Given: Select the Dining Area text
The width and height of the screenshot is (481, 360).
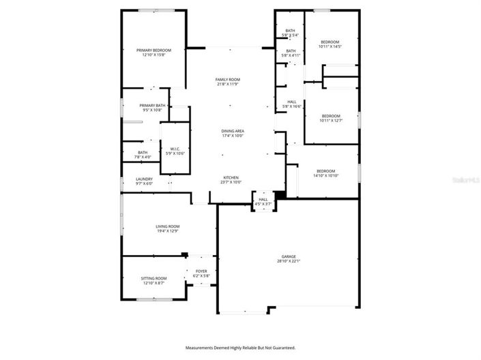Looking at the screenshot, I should [233, 132].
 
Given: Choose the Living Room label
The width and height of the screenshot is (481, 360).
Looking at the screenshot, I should [167, 228].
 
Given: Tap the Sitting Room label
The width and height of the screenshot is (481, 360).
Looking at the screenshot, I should [154, 280].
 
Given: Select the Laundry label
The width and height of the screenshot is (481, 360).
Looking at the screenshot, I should [144, 181].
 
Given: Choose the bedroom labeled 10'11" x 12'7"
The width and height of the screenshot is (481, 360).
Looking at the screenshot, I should [331, 117].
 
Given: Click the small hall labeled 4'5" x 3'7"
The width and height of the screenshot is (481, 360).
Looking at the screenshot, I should [263, 201].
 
